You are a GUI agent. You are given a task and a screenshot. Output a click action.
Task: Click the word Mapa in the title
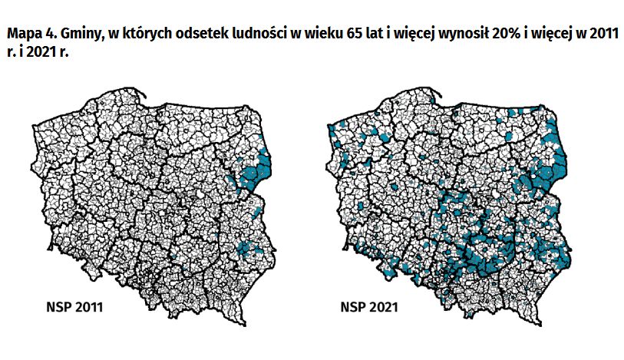(23, 35)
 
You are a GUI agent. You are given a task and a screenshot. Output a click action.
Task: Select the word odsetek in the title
(187, 35)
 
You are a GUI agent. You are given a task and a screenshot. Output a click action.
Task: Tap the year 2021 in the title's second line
(40, 55)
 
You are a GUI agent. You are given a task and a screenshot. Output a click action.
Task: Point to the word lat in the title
(358, 35)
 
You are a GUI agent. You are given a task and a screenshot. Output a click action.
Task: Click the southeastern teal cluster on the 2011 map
(246, 247)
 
